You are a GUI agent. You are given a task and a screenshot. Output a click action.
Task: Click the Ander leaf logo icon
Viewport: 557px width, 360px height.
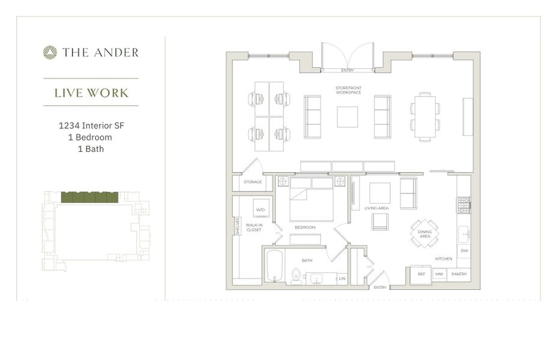(50, 53)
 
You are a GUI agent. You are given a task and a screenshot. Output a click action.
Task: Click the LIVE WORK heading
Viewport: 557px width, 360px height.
(91, 93)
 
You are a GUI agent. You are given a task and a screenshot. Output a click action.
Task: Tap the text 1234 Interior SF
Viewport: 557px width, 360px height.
(91, 126)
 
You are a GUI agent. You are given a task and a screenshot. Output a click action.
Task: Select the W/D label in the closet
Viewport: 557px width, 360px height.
(260, 210)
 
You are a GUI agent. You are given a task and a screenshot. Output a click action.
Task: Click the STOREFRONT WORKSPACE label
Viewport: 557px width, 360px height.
(348, 91)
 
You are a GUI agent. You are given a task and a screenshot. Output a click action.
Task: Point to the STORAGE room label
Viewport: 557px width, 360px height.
(253, 182)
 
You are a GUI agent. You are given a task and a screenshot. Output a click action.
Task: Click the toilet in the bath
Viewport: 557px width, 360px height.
(296, 277)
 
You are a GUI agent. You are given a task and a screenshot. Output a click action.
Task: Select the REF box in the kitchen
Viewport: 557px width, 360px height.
(421, 274)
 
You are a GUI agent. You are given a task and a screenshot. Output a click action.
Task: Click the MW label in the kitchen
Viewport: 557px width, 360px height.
(439, 274)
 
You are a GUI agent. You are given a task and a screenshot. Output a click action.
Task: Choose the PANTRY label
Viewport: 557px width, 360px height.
(459, 274)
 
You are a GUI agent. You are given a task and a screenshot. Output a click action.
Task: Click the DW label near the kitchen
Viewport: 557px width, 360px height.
(464, 251)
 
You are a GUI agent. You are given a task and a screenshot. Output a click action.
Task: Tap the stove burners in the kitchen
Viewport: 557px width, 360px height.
(463, 205)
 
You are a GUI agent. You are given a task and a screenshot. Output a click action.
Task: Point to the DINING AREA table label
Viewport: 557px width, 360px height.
(424, 234)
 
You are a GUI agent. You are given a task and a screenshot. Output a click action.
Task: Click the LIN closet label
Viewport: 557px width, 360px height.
(342, 278)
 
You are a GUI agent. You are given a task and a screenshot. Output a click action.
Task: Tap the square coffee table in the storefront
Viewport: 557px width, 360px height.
(347, 117)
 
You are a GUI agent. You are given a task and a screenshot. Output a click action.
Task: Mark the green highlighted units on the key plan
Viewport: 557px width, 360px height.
(89, 197)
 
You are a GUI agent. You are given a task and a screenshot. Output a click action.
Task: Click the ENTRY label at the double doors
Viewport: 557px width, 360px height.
(348, 71)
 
